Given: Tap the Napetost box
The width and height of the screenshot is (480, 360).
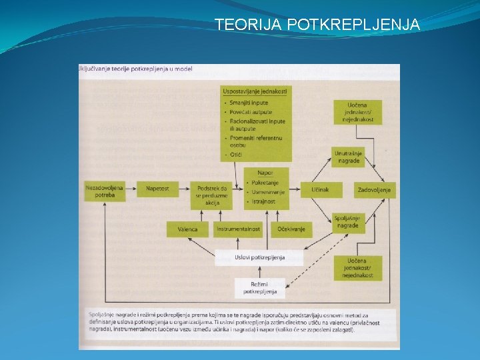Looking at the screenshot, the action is (x=158, y=189).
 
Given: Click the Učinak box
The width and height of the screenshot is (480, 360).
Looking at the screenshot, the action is (x=319, y=190).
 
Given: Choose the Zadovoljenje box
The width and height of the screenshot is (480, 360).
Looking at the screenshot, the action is (x=373, y=190).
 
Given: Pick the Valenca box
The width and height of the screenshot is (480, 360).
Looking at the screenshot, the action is (x=187, y=229).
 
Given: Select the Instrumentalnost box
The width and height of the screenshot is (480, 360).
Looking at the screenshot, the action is (x=238, y=229).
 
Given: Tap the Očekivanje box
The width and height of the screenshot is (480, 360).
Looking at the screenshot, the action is (x=291, y=229).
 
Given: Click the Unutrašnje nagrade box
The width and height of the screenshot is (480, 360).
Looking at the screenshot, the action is (x=348, y=157).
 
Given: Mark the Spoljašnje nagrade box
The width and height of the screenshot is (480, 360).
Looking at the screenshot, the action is (x=347, y=222).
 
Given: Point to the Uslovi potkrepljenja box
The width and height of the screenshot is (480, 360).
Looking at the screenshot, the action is (x=259, y=257).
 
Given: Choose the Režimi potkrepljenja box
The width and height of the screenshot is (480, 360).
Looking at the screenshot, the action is (x=259, y=288).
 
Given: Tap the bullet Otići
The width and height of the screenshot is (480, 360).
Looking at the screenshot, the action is (x=237, y=155).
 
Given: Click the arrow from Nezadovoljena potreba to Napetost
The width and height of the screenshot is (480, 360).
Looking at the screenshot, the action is (x=131, y=189).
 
